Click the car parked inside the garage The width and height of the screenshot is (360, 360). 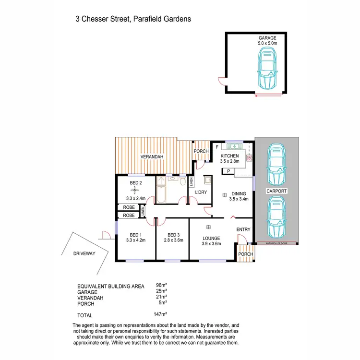point(267,71)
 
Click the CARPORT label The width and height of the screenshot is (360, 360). point(276,191)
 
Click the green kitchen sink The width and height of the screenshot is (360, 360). point(235,146)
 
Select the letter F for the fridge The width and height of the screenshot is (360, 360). point(217,147)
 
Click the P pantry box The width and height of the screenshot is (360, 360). point(228,171)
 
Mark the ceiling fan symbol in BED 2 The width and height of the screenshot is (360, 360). point(135,191)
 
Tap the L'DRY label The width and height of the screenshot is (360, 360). point(200,192)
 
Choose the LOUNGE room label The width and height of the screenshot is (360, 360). point(211,238)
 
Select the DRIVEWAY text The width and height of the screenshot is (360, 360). point(85,253)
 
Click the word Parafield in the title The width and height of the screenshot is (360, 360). point(144,19)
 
